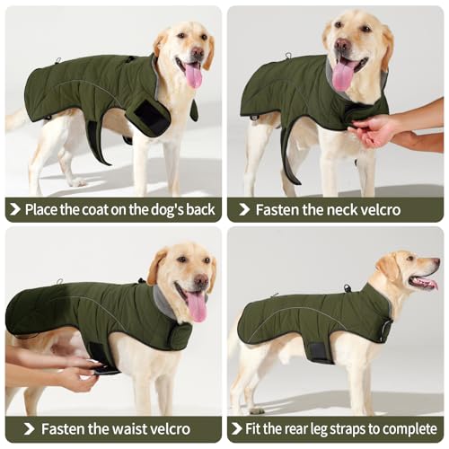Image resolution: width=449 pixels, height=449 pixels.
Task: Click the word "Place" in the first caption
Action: (x=45, y=209)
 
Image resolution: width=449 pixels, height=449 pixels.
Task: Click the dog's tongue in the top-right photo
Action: (x=342, y=75)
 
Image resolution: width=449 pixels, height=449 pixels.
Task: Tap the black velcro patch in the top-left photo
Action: (x=150, y=118)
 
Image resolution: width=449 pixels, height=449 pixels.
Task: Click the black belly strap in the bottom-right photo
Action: (x=320, y=349)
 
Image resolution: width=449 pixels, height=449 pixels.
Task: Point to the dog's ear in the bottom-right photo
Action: (x=388, y=268)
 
